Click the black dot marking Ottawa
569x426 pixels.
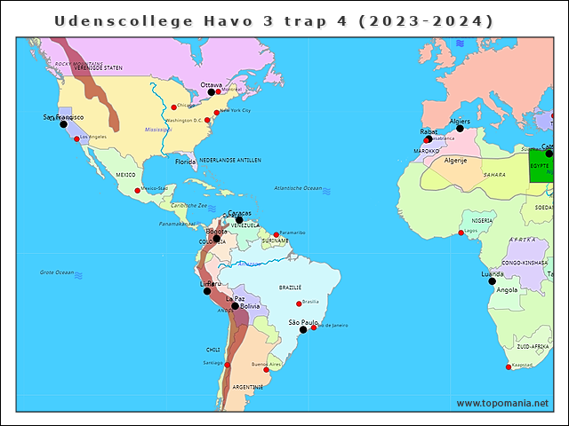[x=212, y=92]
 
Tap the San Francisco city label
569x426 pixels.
[x=63, y=117]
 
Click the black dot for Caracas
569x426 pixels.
[x=238, y=220]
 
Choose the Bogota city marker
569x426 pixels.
[x=216, y=238]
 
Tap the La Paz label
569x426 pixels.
[x=235, y=299]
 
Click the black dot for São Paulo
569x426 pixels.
[x=302, y=329]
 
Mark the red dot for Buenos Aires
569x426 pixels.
[x=266, y=369]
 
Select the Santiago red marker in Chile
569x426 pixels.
[x=227, y=365]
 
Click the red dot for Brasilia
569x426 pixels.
[x=299, y=304]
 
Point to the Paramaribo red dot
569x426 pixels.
[x=276, y=234]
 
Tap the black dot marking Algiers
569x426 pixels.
[x=460, y=129]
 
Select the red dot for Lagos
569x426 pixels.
[x=461, y=233]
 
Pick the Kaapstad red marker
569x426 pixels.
[x=509, y=367]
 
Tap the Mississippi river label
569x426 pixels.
[x=157, y=129]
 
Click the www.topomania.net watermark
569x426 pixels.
[x=502, y=403]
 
